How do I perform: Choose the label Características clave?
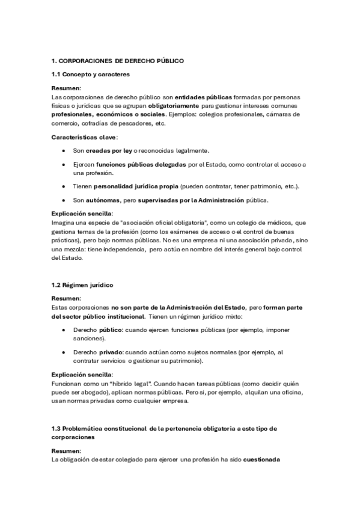(x=84, y=137)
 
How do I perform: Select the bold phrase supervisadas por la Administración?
(x=191, y=200)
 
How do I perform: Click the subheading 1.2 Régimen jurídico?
(x=82, y=284)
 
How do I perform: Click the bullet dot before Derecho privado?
(x=64, y=352)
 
